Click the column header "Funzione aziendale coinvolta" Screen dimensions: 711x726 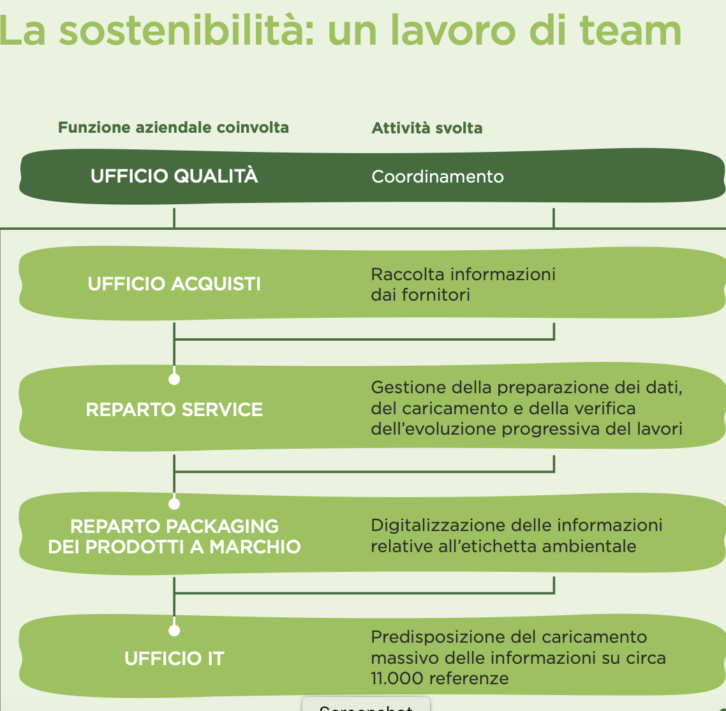tap(174, 128)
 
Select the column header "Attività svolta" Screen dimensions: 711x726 tap(427, 128)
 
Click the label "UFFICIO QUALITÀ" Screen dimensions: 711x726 tap(174, 176)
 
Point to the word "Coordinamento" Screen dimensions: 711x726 tap(438, 177)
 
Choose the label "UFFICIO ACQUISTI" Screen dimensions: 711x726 tap(174, 284)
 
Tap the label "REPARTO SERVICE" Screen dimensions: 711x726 tap(174, 410)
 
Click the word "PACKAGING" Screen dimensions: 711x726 tap(222, 527)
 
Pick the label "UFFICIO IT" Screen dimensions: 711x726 tap(174, 659)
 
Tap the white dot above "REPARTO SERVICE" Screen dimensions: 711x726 tap(174, 379)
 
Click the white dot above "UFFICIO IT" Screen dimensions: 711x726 tap(174, 631)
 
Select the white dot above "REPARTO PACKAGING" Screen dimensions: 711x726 tap(174, 504)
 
